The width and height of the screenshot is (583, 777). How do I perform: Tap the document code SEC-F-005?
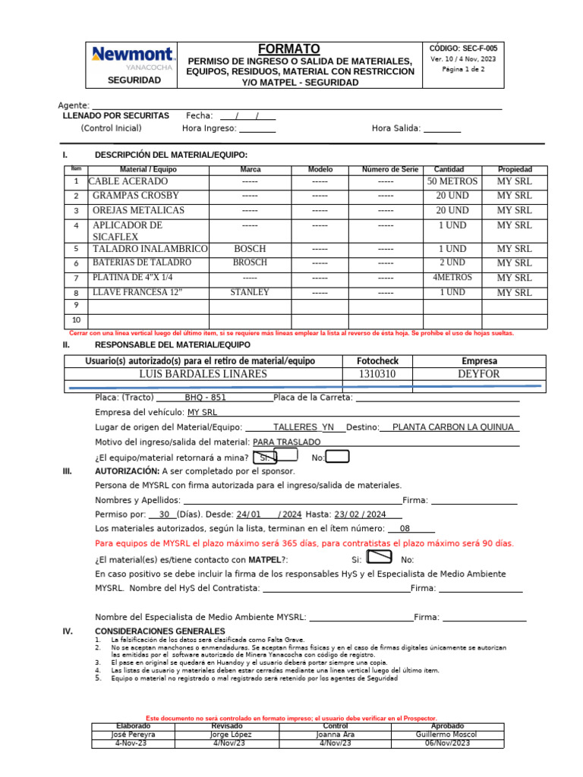coord(463,47)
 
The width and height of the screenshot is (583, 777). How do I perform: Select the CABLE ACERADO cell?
coord(128,182)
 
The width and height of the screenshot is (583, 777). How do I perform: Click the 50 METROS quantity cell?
coord(452,182)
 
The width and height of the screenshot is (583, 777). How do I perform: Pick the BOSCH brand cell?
coord(250,248)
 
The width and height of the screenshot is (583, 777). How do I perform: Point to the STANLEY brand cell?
coord(250,292)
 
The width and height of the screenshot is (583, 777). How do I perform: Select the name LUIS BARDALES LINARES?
coord(203,374)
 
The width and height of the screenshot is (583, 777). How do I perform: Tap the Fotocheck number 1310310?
coord(377,374)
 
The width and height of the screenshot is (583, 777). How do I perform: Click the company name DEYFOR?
coord(479,374)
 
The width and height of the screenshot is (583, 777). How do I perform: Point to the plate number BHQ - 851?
coord(206,398)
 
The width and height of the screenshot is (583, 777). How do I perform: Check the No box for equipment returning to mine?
coord(338,456)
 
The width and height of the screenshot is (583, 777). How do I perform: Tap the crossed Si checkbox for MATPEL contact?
coord(379,558)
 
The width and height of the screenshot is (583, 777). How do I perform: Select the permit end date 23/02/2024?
coord(361,514)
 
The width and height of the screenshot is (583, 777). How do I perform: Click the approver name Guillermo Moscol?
coord(445,735)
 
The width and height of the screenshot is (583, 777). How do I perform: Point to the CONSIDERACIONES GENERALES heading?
coord(159,631)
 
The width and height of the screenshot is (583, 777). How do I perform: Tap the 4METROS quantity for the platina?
coord(452,278)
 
